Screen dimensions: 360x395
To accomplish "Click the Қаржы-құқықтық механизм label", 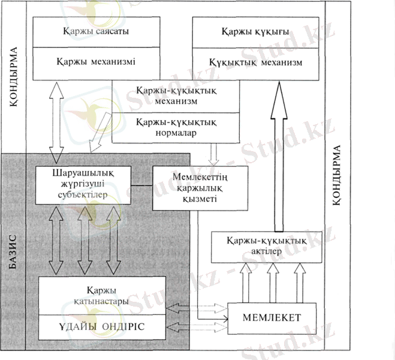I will [176, 95].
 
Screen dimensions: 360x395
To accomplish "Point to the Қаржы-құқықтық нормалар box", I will [176, 127].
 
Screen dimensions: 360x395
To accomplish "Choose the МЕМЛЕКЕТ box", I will [272, 316].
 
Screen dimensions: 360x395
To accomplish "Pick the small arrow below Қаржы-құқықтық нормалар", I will [213, 154].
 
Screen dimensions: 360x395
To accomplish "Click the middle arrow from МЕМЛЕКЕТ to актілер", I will [272, 281].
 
